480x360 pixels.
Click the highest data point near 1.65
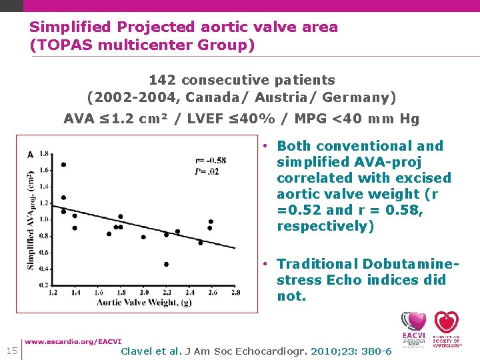[x=63, y=165]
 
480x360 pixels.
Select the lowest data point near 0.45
[x=166, y=264]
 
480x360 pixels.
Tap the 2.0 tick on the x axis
[x=144, y=292]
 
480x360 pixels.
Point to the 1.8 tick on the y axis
[x=44, y=154]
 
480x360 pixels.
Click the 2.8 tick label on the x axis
[x=235, y=292]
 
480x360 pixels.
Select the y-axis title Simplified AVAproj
[x=31, y=220]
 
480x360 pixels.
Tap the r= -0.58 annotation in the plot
[x=211, y=160]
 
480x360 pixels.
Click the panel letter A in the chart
[x=30, y=155]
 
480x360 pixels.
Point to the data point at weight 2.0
[x=143, y=237]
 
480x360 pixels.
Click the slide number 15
[x=11, y=351]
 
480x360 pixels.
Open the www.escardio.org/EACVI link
[x=73, y=342]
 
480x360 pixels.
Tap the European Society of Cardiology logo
[x=447, y=328]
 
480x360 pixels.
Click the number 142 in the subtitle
[x=163, y=80]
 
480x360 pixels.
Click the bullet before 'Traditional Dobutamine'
[x=265, y=264]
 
